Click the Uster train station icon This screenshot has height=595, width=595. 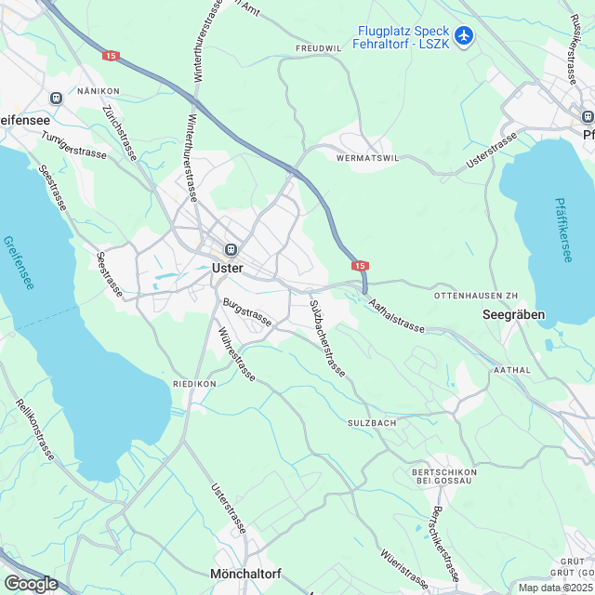coord(228,249)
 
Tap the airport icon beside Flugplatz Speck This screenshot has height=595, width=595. coord(465,37)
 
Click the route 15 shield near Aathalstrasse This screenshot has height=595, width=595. coord(362,266)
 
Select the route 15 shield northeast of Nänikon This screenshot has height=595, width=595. coord(112,57)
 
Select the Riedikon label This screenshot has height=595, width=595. coord(194,383)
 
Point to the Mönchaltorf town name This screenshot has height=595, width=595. coord(245,574)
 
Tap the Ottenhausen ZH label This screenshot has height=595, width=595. coord(475,295)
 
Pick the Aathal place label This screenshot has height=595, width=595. coord(512,369)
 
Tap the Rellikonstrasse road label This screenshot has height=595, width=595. coord(36,430)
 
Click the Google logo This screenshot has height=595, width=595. coord(31,583)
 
